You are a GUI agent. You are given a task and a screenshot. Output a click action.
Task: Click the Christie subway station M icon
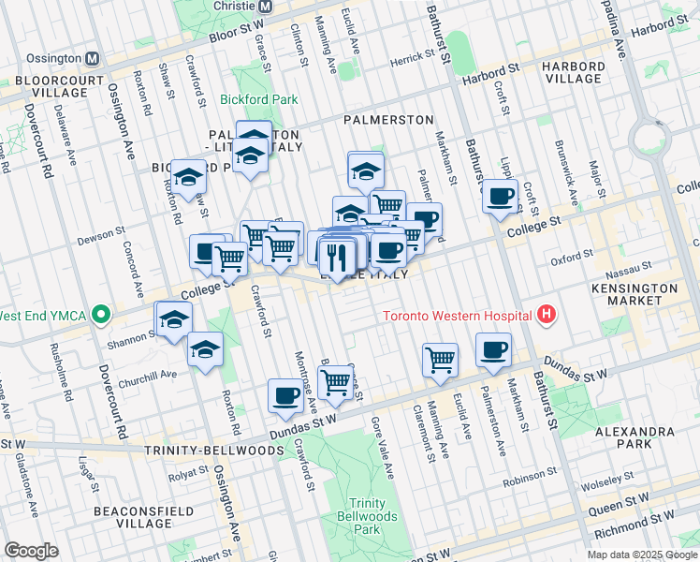tap(265, 7)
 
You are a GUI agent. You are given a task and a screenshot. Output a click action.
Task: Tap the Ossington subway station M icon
tap(93, 57)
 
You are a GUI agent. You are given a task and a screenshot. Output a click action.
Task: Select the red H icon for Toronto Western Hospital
tap(545, 316)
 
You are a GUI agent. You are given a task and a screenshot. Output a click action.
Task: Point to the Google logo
tap(32, 551)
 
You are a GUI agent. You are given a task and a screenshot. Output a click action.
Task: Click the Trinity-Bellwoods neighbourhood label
tap(214, 451)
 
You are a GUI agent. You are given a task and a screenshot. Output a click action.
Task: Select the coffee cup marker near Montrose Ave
tap(285, 395)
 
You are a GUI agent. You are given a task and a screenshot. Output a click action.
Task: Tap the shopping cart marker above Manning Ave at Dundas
tap(439, 359)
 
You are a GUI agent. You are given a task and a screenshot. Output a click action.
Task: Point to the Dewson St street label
tap(101, 231)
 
